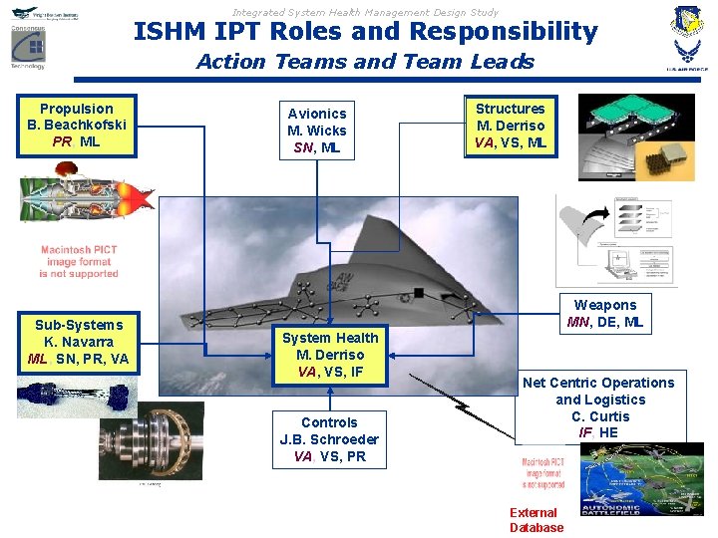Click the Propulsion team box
tap(77, 126)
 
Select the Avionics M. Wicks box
tap(317, 131)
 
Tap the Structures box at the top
tap(511, 126)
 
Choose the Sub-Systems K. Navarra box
tap(79, 342)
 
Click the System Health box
tap(330, 355)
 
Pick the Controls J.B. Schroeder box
tap(329, 439)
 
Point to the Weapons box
tap(605, 313)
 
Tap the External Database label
tap(537, 520)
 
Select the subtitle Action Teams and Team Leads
tap(365, 62)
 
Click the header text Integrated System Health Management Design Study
tap(365, 12)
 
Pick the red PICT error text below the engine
tap(79, 262)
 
